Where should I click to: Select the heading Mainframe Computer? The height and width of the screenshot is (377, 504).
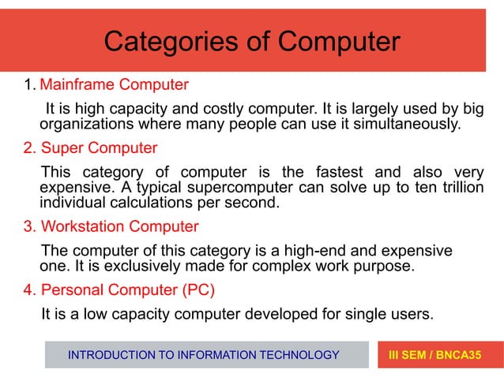coord(115,84)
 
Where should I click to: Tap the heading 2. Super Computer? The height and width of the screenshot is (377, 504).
coord(90,147)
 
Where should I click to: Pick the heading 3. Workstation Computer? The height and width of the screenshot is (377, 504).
coord(111,227)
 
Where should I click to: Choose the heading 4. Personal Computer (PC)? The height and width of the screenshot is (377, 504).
coord(118,289)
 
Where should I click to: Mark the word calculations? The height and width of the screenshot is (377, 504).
coord(152,203)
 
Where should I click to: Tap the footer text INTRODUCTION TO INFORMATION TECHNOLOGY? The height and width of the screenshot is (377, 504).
coord(203,355)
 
